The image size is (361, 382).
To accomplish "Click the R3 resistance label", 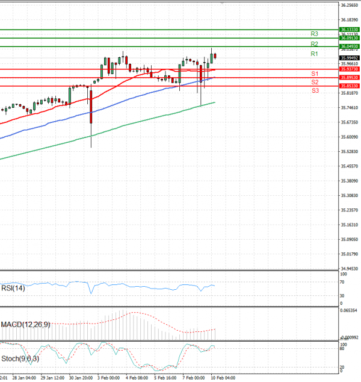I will tap(314, 34).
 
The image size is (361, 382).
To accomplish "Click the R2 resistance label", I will tap(314, 44).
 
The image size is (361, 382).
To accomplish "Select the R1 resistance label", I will tap(314, 54).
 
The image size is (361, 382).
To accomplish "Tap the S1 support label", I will tap(315, 73).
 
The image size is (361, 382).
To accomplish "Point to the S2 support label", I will tap(315, 81).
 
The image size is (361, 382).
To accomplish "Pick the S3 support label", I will tap(315, 90).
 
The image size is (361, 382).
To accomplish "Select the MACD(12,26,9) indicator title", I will tap(25, 325).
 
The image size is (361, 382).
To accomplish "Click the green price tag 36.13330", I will tap(350, 29).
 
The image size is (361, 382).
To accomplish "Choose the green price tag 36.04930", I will tap(350, 46).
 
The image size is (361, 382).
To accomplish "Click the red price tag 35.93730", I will tap(350, 70).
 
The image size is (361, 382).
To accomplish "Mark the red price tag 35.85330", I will tap(350, 86).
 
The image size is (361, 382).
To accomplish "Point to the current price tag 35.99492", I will tap(350, 58).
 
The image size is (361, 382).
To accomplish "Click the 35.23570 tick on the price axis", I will tap(350, 210).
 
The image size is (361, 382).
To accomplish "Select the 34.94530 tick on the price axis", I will tap(350, 269).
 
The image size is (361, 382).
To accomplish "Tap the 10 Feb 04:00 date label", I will tap(221, 378).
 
